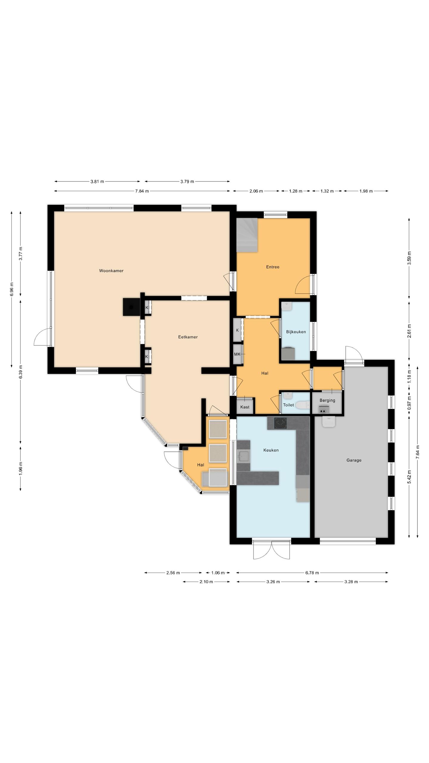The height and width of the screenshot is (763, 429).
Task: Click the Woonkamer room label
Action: click(111, 271)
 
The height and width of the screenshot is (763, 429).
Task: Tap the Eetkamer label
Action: click(188, 337)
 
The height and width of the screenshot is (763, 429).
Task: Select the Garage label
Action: click(354, 460)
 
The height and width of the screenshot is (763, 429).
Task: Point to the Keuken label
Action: click(271, 450)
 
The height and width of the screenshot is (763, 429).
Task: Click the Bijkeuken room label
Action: click(296, 331)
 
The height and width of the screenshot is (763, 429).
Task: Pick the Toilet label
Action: click(288, 405)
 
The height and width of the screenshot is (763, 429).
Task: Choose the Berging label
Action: click(327, 400)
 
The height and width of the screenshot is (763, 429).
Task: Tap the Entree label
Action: click(273, 267)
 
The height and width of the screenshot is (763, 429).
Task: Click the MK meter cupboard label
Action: click(237, 354)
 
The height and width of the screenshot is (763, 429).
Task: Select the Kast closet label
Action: click(245, 407)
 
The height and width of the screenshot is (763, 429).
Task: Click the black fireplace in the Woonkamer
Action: click(131, 307)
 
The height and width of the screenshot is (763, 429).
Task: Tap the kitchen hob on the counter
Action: click(280, 423)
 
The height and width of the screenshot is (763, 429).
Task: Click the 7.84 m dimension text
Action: click(142, 191)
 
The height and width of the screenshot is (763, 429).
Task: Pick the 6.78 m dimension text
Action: click(312, 573)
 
